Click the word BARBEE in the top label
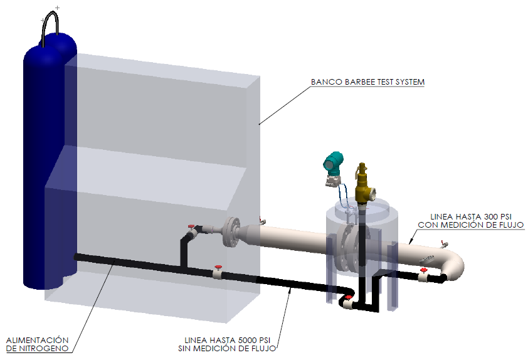click(x=357, y=82)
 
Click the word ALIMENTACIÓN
click(x=38, y=339)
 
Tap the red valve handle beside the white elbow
click(x=424, y=269)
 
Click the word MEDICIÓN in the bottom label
click(x=216, y=349)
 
